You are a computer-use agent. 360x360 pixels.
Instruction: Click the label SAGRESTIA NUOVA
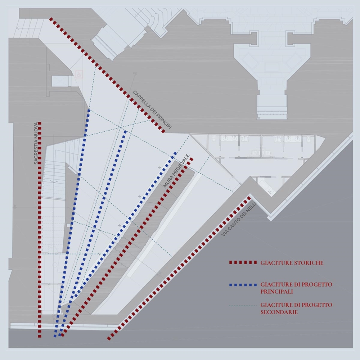coord(36,143)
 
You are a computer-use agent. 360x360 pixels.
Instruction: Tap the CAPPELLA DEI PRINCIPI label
coord(152,110)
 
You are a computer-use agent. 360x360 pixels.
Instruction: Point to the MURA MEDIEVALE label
coord(176,171)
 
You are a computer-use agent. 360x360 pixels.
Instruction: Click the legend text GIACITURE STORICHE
coord(292,263)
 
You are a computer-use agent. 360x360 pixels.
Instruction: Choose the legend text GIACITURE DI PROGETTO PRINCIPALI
coord(296,288)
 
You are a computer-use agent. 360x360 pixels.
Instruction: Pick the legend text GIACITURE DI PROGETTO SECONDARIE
coord(296,309)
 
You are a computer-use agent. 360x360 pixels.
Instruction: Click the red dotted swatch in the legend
coord(243,262)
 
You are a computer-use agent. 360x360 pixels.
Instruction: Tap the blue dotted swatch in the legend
coord(243,285)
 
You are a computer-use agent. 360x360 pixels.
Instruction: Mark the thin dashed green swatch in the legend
coord(243,306)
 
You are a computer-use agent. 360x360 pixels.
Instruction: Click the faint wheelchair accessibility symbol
coord(79,74)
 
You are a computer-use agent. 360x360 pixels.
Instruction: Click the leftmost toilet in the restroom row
coord(214,138)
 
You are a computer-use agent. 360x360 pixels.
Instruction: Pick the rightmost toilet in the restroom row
coord(309,139)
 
